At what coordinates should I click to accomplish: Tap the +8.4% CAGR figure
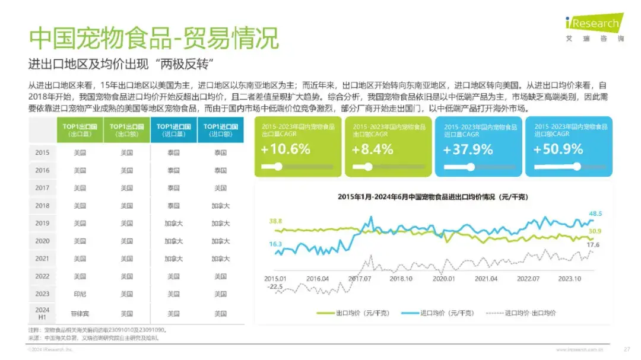click(x=372, y=149)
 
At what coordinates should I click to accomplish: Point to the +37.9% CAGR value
click(x=468, y=149)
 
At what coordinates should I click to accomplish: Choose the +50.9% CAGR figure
click(x=558, y=149)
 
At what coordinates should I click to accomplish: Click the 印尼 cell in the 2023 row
click(x=80, y=294)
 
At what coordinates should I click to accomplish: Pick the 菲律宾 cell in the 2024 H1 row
click(x=80, y=313)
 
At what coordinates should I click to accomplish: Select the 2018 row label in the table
click(x=42, y=206)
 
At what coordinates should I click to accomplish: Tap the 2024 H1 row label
click(x=42, y=313)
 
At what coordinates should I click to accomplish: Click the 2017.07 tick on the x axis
click(x=360, y=278)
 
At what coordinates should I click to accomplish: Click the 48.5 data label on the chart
click(x=595, y=214)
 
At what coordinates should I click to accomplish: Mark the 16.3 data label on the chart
click(x=275, y=244)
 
